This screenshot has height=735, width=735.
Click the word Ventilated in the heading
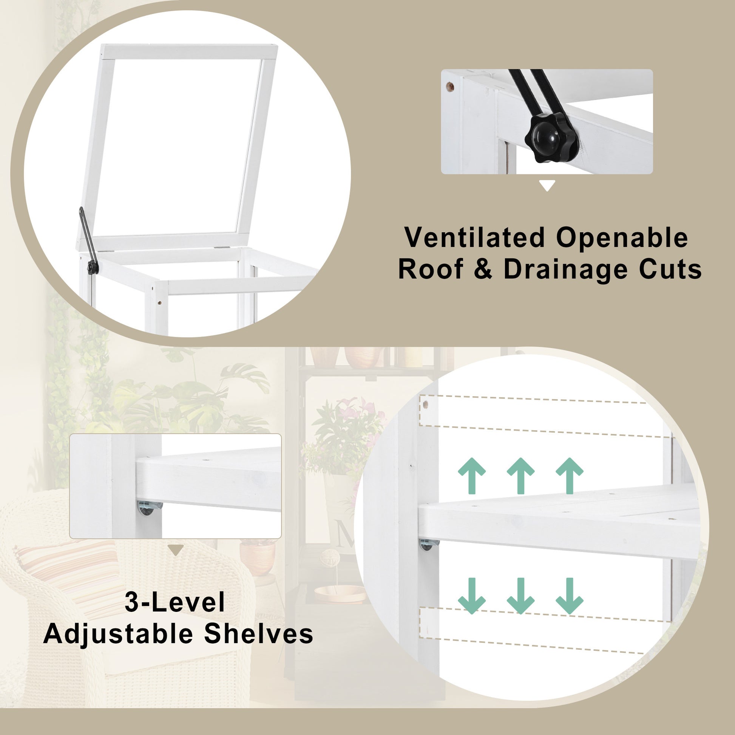475,238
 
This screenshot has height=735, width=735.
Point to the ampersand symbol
483,270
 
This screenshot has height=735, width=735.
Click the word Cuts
670,269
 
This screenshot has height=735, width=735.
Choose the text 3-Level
174,602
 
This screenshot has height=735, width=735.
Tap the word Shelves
258,634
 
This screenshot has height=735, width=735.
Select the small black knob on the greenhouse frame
93,267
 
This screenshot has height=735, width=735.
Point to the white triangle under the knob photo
547,186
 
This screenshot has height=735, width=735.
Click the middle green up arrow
520,476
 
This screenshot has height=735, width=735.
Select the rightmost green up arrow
570,476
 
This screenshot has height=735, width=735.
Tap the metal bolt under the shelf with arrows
429,544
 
